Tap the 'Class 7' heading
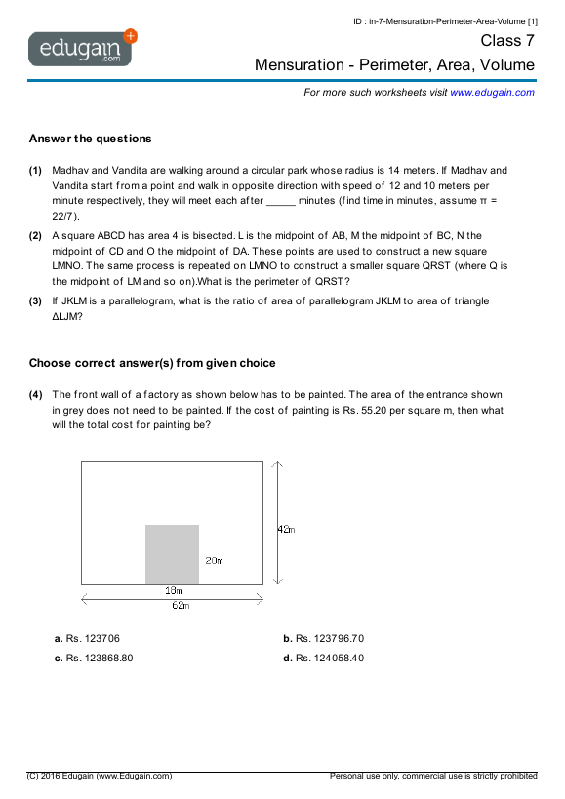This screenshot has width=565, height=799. pos(507,41)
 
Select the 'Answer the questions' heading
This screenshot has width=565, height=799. pos(90,139)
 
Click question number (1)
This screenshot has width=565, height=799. pos(35,170)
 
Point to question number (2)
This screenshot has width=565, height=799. pos(35,235)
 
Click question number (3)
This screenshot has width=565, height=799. pos(35,301)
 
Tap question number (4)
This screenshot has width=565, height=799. pos(35,395)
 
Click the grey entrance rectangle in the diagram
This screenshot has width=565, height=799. pos(172,554)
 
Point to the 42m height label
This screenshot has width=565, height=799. pos(286,529)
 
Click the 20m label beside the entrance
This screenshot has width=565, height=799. pos(214,561)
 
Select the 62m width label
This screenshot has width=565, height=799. pos(180,605)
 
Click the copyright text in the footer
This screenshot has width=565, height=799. pos(101,776)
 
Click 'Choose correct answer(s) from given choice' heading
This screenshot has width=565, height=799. pos(152,363)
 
